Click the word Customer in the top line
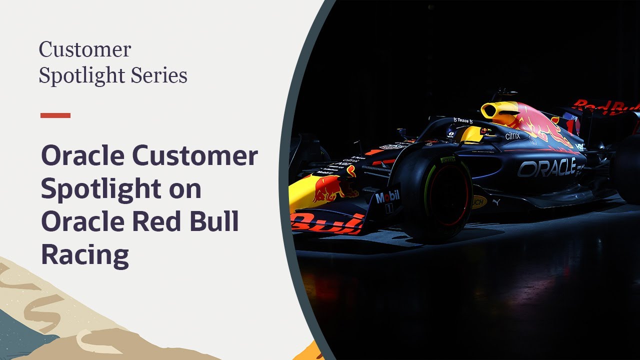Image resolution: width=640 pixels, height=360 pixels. [x=85, y=50]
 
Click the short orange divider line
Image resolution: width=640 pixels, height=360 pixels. [x=55, y=115]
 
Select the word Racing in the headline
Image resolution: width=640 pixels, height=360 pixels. [x=85, y=254]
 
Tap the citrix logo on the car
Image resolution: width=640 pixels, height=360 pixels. [x=512, y=135]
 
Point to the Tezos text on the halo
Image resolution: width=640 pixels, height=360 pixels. [x=463, y=120]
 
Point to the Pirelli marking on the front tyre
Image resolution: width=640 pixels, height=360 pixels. [x=448, y=159]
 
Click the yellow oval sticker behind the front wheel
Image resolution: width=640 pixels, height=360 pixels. [x=478, y=201]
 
